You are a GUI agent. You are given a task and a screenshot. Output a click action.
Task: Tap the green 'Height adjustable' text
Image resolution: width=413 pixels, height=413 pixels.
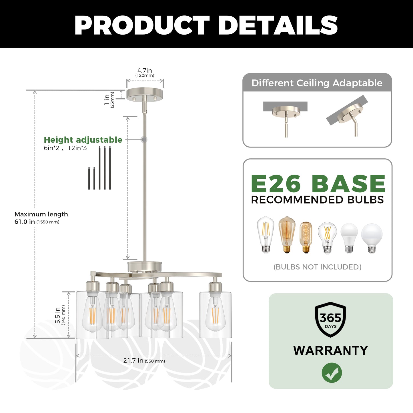[x=83, y=140]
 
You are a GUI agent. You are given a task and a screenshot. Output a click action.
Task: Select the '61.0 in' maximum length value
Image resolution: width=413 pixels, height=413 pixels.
[x=25, y=222]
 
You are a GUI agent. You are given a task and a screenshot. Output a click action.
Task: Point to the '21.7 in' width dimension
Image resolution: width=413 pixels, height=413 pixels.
[x=133, y=360]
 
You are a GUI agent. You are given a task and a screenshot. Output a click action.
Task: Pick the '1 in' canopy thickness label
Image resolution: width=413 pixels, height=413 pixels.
[x=107, y=100]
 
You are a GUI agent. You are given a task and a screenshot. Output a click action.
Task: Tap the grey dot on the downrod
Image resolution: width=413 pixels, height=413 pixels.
[x=144, y=139]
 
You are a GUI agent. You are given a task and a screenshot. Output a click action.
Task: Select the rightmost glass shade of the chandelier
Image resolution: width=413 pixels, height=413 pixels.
[x=215, y=315]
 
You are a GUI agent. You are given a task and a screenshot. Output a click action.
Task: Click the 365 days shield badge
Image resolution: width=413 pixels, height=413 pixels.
[x=330, y=319]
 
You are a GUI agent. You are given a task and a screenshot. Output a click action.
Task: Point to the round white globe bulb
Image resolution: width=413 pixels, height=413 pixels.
[x=372, y=238]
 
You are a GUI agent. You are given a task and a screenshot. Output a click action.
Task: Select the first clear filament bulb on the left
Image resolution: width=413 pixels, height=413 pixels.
[x=266, y=235]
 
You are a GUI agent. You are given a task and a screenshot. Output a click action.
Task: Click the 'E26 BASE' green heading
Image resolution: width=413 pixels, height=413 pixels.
[x=318, y=184]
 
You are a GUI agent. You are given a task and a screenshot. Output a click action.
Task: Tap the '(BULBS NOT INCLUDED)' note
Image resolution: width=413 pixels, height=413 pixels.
[x=318, y=267]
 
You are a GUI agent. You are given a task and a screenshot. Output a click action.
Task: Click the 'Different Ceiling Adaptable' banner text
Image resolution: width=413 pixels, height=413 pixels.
[x=317, y=83]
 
